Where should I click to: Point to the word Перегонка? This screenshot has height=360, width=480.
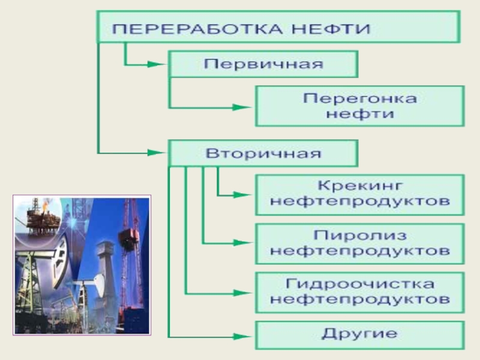click(x=359, y=98)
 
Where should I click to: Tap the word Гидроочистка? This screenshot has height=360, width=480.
click(x=359, y=283)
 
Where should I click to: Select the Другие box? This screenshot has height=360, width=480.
click(x=359, y=334)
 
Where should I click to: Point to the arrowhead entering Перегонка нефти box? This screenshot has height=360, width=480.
click(x=243, y=107)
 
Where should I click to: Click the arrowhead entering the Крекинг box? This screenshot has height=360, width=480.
click(x=243, y=194)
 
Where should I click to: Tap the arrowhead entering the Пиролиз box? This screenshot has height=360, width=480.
click(x=243, y=243)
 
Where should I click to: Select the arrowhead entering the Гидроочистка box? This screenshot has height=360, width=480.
click(x=243, y=292)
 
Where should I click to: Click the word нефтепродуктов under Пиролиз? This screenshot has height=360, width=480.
click(x=359, y=251)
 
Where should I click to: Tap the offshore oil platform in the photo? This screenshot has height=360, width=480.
click(x=40, y=220)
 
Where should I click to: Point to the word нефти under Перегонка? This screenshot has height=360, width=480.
click(x=359, y=114)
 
